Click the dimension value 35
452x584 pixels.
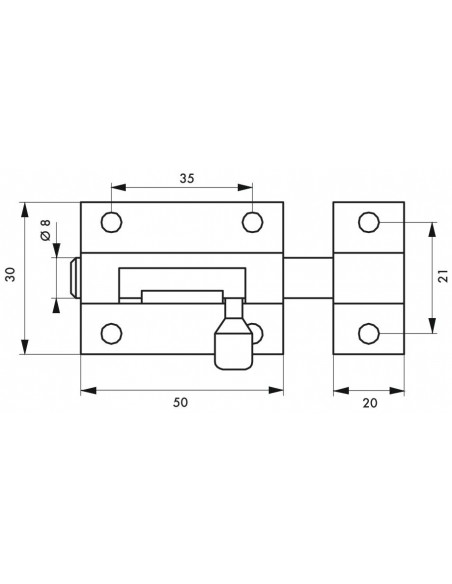click(x=187, y=178)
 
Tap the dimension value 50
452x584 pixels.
click(x=181, y=403)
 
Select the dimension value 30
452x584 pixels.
click(x=12, y=274)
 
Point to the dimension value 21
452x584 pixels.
click(x=443, y=276)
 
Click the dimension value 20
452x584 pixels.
click(x=370, y=403)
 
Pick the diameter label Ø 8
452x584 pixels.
click(x=45, y=230)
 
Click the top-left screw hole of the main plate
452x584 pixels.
click(x=112, y=222)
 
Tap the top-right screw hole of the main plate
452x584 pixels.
click(x=253, y=222)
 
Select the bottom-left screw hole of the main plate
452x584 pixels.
click(x=112, y=333)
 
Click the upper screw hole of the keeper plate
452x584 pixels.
click(x=369, y=222)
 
